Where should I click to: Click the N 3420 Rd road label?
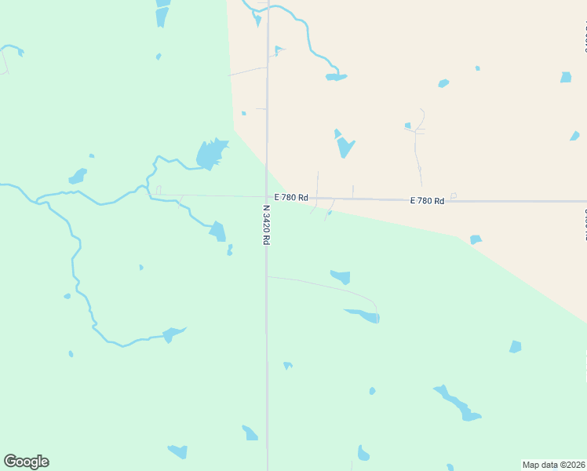[266, 225]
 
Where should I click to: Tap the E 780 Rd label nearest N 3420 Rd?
[291, 198]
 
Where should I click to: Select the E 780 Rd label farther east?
[427, 201]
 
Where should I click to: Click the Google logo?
[26, 462]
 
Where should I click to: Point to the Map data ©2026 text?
[554, 465]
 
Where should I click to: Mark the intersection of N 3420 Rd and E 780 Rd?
[267, 198]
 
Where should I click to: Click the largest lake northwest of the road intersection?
[210, 154]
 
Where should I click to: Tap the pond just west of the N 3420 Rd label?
[218, 231]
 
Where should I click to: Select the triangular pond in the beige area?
[344, 145]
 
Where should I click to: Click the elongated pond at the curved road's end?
[364, 316]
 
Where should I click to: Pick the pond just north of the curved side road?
[341, 276]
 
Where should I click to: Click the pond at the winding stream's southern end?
[173, 334]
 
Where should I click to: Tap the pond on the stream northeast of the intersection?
[336, 77]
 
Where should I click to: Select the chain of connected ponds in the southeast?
[455, 403]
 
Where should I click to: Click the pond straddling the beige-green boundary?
[475, 239]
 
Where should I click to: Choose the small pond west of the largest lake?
[77, 177]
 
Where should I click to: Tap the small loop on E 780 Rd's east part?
[453, 195]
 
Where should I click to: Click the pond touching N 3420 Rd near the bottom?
[250, 433]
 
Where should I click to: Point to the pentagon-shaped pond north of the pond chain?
[515, 346]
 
